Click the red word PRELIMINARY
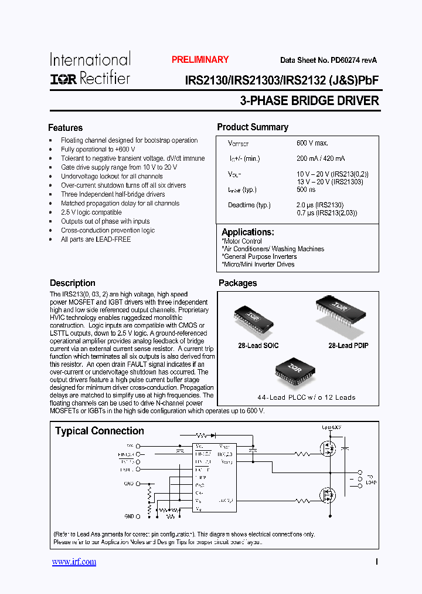pos(200,60)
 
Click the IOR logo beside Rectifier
pos(63,79)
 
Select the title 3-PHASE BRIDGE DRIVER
pos(309,101)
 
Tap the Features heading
pos(65,128)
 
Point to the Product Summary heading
pos(253,127)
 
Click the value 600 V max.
pos(312,143)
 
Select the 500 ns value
pos(306,190)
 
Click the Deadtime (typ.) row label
pos(249,205)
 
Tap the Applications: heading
pos(248,232)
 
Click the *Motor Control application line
pos(241,241)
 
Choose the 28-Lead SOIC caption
pos(258,346)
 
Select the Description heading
pos(73,283)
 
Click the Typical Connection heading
pos(100,431)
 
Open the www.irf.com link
pos(74,562)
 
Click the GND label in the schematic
pos(130,516)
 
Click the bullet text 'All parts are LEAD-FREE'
pos(96,239)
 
